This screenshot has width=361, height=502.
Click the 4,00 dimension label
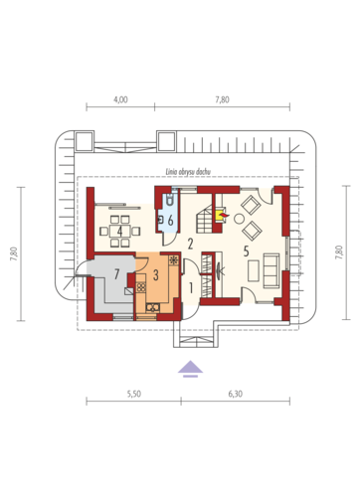pyautogui.click(x=120, y=99)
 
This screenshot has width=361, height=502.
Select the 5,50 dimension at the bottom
pyautogui.click(x=133, y=394)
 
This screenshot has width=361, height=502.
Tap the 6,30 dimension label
pyautogui.click(x=235, y=394)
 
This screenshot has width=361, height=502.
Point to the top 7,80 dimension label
pyautogui.click(x=222, y=99)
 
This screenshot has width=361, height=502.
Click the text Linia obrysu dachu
pyautogui.click(x=188, y=172)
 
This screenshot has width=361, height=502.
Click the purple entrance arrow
pyautogui.click(x=190, y=369)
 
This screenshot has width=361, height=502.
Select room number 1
pyautogui.click(x=191, y=288)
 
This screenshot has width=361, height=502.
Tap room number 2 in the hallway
pyautogui.click(x=190, y=245)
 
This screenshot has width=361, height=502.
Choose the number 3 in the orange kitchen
pyautogui.click(x=156, y=274)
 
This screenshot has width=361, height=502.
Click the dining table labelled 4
pyautogui.click(x=119, y=231)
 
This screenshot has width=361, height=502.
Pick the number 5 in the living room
pyautogui.click(x=246, y=251)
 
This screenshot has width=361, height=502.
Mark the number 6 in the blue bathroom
pyautogui.click(x=170, y=220)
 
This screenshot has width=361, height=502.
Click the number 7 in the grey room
pyautogui.click(x=116, y=274)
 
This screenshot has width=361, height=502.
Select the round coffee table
pyautogui.click(x=239, y=219)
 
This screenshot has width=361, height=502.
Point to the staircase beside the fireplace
pyautogui.click(x=205, y=219)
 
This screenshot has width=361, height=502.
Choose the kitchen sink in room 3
pyautogui.click(x=153, y=307)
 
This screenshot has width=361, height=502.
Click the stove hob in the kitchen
pyautogui.click(x=141, y=287)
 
